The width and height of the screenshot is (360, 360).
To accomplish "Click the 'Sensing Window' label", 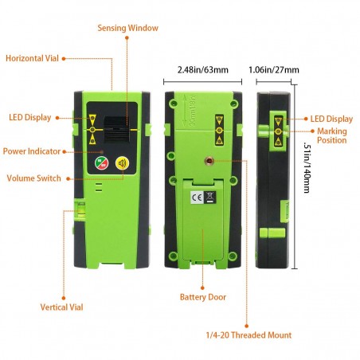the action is point(127,28).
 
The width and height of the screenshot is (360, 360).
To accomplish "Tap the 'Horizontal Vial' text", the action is point(32,58).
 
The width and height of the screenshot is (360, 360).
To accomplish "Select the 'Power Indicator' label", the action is point(32,151).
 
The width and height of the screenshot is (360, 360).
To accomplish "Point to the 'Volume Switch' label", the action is point(33,178).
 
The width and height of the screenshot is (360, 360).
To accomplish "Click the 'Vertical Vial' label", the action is point(61,307).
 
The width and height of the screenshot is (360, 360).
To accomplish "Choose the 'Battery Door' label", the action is point(203,297).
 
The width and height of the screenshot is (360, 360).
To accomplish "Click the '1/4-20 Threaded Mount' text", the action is point(248,335).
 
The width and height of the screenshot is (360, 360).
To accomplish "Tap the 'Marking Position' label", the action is point(332,135).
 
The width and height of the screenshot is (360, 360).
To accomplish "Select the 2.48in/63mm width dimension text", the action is point(203,70).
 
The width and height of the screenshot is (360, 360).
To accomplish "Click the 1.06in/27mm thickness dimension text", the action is point(274,70).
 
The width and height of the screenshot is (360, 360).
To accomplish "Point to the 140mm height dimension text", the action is point(307,168).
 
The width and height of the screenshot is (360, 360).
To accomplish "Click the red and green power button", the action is point(102,163).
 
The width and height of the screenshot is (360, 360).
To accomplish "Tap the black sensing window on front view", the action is point(117,129).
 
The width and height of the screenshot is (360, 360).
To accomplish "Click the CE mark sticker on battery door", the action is point(197,198).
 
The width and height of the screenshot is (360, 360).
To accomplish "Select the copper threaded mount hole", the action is point(209,161).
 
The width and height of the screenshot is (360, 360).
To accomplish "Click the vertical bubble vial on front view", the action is point(80,210).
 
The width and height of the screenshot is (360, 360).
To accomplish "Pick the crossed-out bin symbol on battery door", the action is point(210,198).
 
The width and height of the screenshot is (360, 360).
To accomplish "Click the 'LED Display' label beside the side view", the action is point(331,119).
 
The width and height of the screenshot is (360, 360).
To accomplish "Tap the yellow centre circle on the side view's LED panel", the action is point(278,131).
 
